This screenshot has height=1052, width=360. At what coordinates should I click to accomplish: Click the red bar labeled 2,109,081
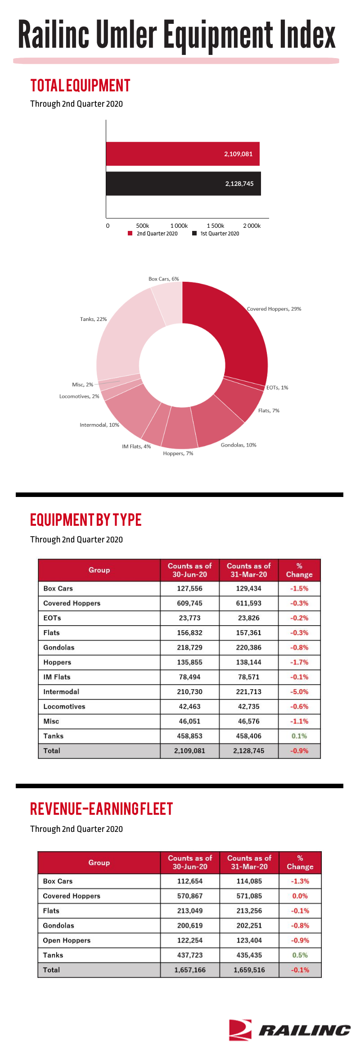[x=183, y=154]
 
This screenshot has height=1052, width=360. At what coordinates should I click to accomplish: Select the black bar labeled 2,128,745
[x=184, y=184]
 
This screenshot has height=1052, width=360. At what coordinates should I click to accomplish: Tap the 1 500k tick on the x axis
[x=216, y=226]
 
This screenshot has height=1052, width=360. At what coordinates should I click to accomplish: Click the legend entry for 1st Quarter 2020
[x=216, y=234]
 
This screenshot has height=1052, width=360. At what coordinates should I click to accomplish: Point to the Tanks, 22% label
[x=94, y=319]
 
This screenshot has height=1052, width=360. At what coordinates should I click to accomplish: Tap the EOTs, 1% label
[x=277, y=388]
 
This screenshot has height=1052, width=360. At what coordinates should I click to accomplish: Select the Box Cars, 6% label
[x=164, y=279]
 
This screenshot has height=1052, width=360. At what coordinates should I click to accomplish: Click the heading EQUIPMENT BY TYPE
[x=86, y=520]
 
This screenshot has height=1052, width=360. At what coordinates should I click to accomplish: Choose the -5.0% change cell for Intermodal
[x=300, y=692]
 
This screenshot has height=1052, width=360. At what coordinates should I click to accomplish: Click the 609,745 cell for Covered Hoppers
[x=190, y=603]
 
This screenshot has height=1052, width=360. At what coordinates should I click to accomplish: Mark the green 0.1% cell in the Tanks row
[x=299, y=736]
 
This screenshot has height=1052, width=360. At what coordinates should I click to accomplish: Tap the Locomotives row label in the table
[x=64, y=707]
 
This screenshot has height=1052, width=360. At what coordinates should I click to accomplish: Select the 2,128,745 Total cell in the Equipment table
[x=249, y=751]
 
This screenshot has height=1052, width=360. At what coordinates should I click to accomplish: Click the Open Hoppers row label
[x=67, y=940]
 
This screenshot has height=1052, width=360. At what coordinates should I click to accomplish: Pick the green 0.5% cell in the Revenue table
[x=300, y=955]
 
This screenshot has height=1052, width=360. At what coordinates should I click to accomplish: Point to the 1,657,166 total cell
[x=190, y=970]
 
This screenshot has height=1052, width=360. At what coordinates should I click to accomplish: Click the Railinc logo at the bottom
[x=289, y=1030]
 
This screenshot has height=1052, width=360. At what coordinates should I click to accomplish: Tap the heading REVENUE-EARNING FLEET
[x=102, y=809]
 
